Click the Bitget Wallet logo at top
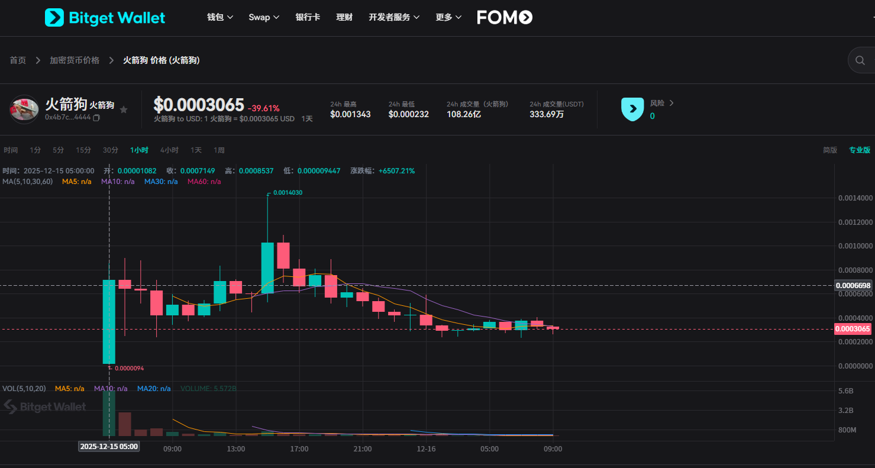105,18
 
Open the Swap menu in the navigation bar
264,17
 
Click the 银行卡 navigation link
308,17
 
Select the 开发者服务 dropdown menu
394,17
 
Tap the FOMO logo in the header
505,17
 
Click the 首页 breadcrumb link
18,60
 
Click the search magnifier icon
860,60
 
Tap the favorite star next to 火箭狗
124,109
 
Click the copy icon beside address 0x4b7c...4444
96,118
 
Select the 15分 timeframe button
83,150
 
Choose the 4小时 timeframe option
169,150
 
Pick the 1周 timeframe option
219,150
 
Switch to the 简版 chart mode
830,150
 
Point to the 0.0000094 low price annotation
129,368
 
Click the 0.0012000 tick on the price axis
855,222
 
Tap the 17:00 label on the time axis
299,449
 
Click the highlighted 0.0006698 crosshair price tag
853,286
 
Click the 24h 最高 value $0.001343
350,114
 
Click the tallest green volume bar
109,413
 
